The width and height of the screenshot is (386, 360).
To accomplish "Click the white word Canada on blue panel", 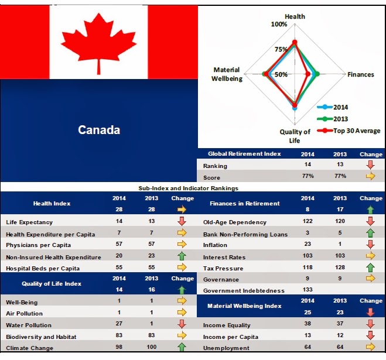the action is pyautogui.click(x=99, y=130).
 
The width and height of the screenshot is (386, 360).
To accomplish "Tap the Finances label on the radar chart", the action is pyautogui.click(x=360, y=74).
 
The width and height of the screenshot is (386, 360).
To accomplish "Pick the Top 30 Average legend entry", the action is pyautogui.click(x=349, y=131).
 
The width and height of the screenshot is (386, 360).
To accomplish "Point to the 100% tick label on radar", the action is pyautogui.click(x=279, y=24).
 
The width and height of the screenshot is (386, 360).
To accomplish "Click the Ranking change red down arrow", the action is pyautogui.click(x=371, y=164).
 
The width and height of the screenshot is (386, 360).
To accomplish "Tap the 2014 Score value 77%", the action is pyautogui.click(x=308, y=176).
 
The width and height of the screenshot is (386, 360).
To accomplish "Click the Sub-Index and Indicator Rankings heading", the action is pyautogui.click(x=189, y=188).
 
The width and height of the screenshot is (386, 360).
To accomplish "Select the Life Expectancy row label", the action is pyautogui.click(x=29, y=222).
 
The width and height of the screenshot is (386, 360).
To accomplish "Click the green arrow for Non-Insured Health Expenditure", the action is pyautogui.click(x=182, y=256).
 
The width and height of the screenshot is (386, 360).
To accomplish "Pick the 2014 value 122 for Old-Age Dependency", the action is pyautogui.click(x=308, y=221).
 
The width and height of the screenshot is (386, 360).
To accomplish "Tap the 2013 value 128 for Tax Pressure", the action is pyautogui.click(x=340, y=268).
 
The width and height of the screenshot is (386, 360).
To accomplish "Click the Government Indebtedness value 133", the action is pyautogui.click(x=308, y=290).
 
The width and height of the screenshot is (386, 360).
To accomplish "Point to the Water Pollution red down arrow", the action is pyautogui.click(x=182, y=324).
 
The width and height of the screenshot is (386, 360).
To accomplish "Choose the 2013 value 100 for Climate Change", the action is pyautogui.click(x=151, y=347).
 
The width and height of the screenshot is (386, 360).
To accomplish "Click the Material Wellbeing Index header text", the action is pyautogui.click(x=244, y=306).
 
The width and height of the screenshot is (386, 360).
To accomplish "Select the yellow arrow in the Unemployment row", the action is pyautogui.click(x=371, y=347).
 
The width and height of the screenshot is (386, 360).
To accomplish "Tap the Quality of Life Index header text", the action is pyautogui.click(x=52, y=284).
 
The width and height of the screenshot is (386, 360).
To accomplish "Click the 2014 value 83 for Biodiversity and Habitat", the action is pyautogui.click(x=119, y=335).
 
